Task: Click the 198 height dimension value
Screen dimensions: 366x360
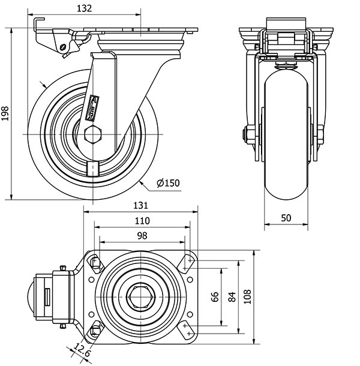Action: (x=6, y=114)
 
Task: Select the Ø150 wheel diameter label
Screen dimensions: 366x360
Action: (x=167, y=183)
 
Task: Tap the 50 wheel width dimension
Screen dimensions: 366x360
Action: (x=286, y=217)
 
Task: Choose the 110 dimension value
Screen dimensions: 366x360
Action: (x=142, y=220)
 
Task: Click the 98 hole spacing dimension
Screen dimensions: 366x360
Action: (x=142, y=236)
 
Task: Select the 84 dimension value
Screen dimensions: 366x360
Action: (x=232, y=297)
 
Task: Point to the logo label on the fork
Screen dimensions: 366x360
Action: (x=95, y=103)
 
